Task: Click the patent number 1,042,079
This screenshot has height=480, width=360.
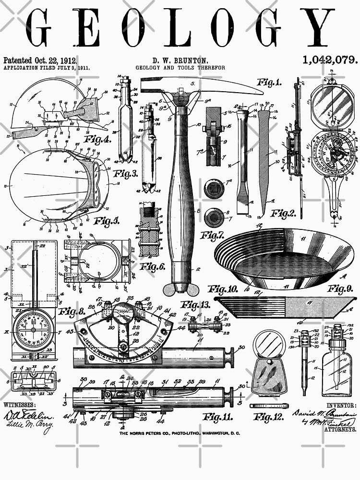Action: pyautogui.click(x=330, y=60)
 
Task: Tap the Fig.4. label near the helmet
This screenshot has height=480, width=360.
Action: pyautogui.click(x=98, y=140)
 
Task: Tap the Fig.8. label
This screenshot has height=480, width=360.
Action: pyautogui.click(x=72, y=312)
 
